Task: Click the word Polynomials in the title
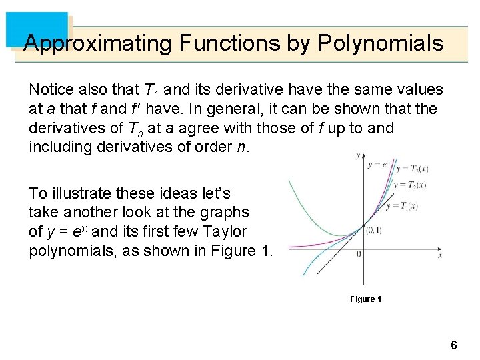pyautogui.click(x=381, y=43)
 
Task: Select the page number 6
pyautogui.click(x=453, y=345)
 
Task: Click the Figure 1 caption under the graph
pyautogui.click(x=365, y=299)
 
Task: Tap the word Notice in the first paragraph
pyautogui.click(x=49, y=89)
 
